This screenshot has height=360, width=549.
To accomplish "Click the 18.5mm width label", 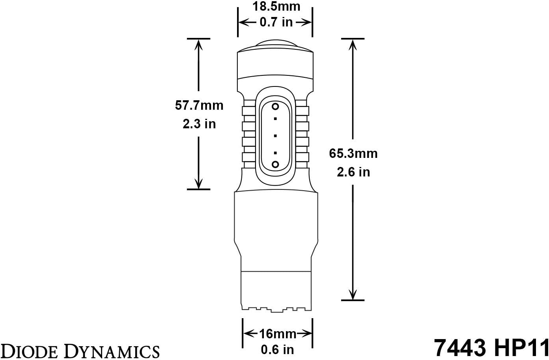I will (x=276, y=6).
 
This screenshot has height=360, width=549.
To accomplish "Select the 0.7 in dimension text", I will (x=276, y=22).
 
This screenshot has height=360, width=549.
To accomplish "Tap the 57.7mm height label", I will (x=199, y=105).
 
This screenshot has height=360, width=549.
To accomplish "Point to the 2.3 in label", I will (x=199, y=124).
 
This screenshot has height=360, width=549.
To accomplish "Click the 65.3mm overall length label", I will (x=353, y=154).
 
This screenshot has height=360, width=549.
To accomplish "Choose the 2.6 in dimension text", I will (x=353, y=172).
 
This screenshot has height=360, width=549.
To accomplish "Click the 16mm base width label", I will (x=278, y=334).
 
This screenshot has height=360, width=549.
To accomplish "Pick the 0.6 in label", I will (x=277, y=350).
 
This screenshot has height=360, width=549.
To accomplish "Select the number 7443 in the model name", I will (x=460, y=347).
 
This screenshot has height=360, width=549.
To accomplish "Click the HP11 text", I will (x=520, y=347).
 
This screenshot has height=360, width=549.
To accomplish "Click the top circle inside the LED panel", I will (x=275, y=107).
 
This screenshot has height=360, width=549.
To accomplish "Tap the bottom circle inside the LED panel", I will (x=275, y=164).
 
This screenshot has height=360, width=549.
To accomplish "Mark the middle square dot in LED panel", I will (x=275, y=135).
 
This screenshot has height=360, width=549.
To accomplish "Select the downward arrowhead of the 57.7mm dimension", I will (x=198, y=184).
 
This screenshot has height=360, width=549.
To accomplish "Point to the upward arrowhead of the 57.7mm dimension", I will (x=198, y=44).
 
